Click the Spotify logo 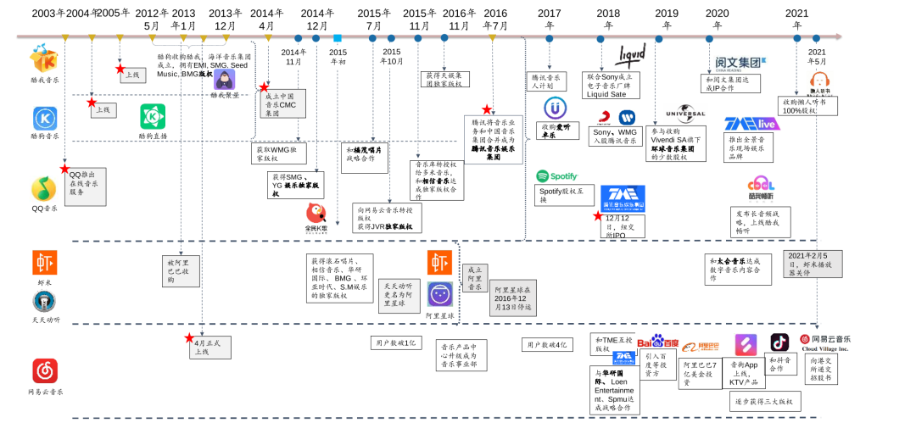[556, 176]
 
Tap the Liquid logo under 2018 [629, 56]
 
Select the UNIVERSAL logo [685, 114]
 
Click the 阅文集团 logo [734, 62]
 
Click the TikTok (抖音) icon [779, 342]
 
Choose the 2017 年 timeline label [549, 19]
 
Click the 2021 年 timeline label [796, 19]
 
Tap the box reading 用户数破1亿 [395, 342]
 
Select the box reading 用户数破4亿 [547, 345]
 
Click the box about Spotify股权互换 [563, 196]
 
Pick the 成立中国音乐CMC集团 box [282, 103]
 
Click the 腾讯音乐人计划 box [548, 81]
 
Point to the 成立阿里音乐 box [475, 278]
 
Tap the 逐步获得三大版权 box [763, 401]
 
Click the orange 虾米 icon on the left [45, 263]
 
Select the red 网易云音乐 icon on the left [45, 370]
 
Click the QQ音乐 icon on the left [45, 188]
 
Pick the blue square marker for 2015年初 [338, 38]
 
